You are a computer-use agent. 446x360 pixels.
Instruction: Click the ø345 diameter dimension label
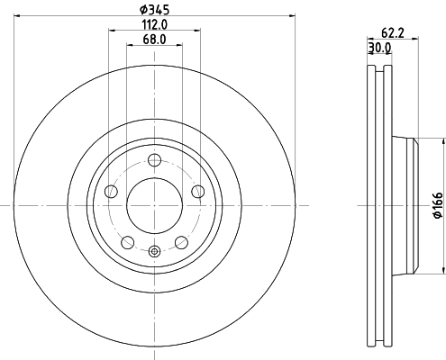pos(155,10)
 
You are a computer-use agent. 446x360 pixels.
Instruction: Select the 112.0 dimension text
pos(155,25)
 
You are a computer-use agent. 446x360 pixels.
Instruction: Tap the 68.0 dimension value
pos(154,40)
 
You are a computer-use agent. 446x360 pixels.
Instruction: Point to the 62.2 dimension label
pos(393,32)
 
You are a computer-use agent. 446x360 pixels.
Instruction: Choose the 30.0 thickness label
pos(379,48)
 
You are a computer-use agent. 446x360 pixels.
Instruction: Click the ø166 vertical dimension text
pos(438,205)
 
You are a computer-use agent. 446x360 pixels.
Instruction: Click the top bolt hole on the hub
pos(155,160)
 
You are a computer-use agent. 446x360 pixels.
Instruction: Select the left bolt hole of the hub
pos(111,192)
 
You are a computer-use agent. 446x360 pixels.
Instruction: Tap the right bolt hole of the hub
pos(198,192)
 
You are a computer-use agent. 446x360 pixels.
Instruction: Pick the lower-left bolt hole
pos(128,242)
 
